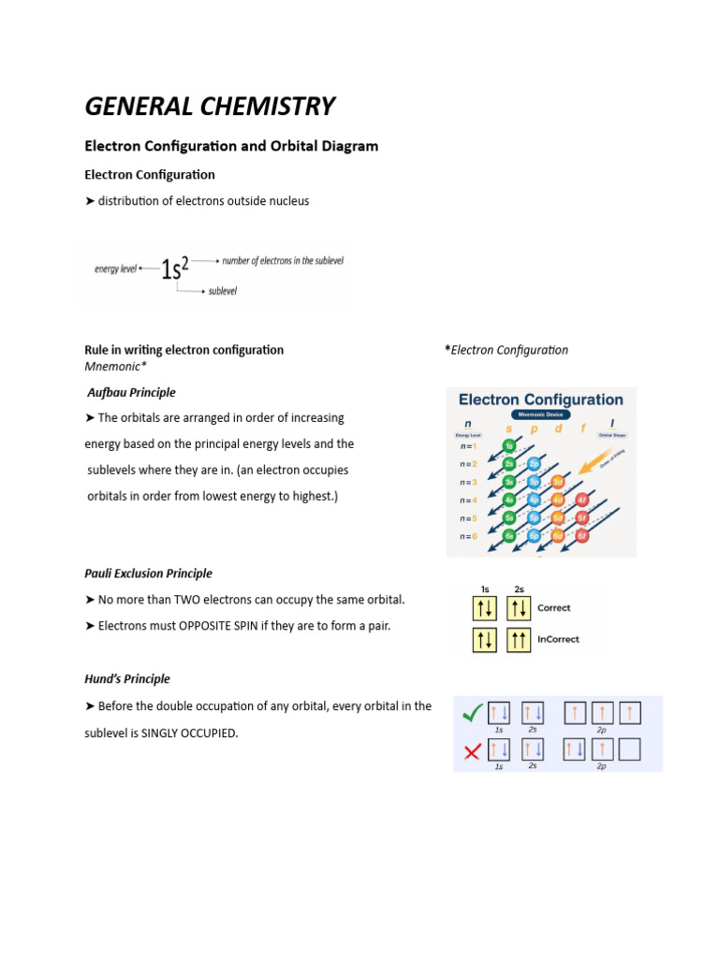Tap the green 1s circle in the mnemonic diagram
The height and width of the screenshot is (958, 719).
coord(508,446)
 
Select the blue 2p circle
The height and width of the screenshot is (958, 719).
coord(534,464)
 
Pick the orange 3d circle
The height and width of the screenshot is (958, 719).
coord(558,482)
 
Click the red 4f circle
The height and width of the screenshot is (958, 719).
coord(582,500)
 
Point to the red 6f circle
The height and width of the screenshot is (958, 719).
coord(582,536)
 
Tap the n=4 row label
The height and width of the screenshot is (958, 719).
coord(467,501)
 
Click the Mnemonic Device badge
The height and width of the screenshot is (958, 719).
coord(540,414)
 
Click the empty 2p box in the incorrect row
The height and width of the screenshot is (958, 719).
coord(630,748)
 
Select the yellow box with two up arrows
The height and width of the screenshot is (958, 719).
coord(518,640)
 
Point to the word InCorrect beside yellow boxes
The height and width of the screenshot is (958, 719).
coord(558,640)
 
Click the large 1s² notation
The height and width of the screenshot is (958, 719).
coord(175,269)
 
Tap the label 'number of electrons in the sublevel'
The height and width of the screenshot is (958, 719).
coord(282,260)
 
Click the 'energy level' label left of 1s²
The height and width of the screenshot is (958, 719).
coord(115,269)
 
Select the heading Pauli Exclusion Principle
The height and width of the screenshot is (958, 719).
coord(148,573)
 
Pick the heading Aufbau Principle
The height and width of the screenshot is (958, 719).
coord(131,392)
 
